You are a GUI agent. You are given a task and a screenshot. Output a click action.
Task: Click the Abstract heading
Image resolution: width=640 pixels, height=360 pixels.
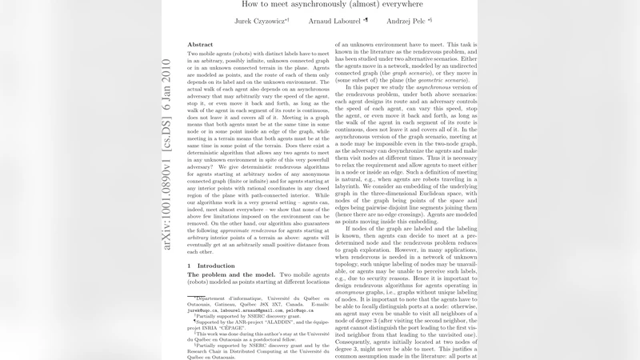click(x=199, y=44)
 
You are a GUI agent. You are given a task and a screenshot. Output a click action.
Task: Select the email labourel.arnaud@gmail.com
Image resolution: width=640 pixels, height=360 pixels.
click(x=254, y=306)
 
